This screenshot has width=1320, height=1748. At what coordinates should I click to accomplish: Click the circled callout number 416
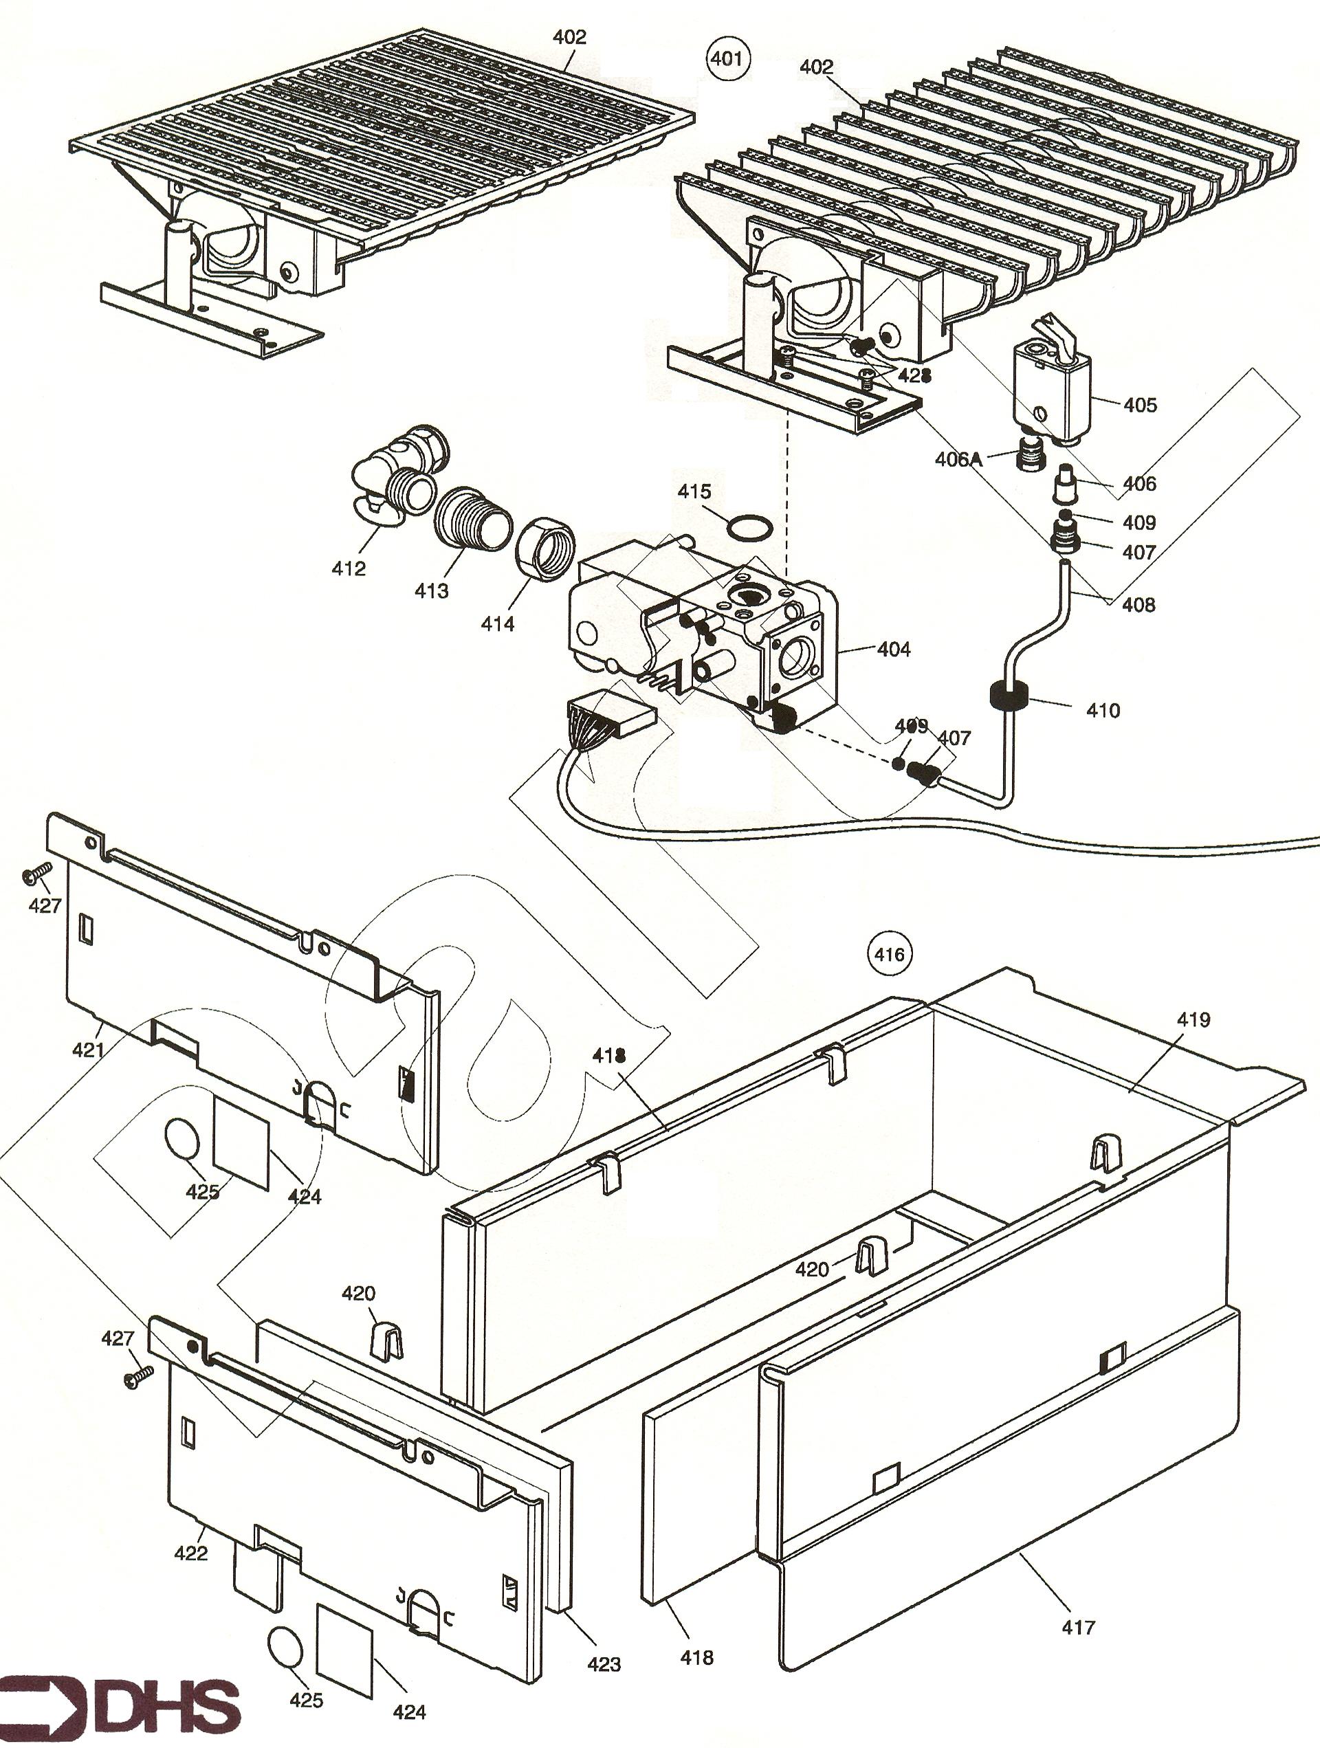(x=888, y=955)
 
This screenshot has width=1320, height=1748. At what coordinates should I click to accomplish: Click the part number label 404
(x=893, y=650)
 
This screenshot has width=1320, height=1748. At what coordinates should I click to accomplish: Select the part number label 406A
(x=958, y=458)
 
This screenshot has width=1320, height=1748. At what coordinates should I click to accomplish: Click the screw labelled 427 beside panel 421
(x=36, y=872)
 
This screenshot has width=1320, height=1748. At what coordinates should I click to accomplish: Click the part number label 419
(x=1193, y=1019)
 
